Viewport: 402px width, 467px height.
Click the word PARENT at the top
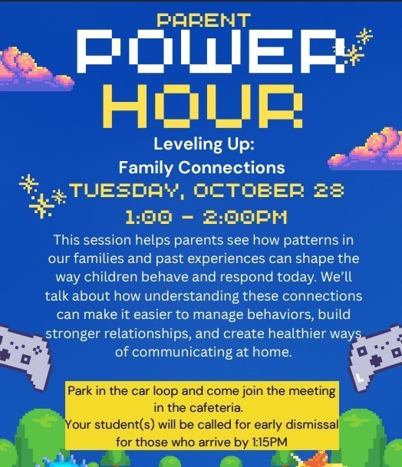click(x=203, y=21)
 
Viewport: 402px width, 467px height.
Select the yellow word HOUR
click(x=203, y=106)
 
